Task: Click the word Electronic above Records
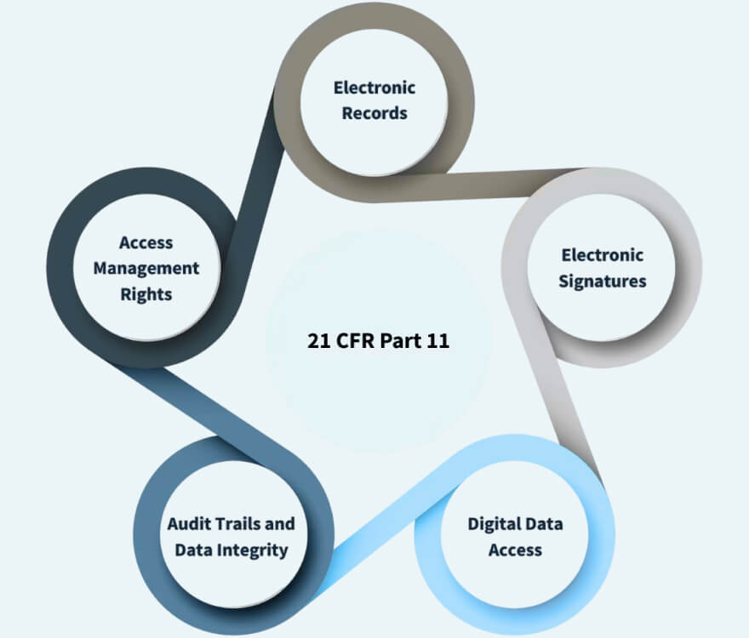374,88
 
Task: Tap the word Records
374,113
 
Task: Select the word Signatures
603,282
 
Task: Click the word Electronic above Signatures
603,255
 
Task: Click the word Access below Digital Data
515,550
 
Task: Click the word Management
146,269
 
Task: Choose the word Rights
146,294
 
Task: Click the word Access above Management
146,242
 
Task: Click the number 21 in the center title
318,341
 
